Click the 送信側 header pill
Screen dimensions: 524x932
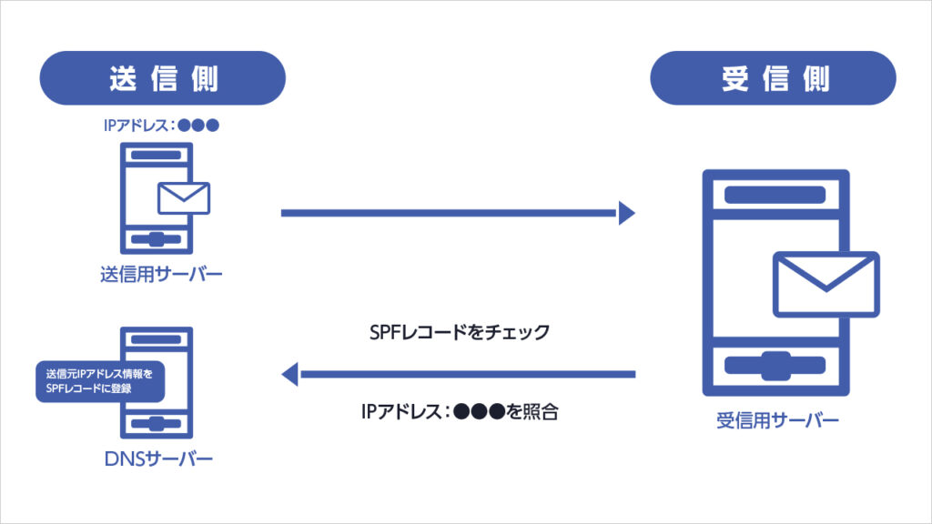[x=163, y=78]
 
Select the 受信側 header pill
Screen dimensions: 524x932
[x=773, y=78]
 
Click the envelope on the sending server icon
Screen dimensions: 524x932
[x=183, y=197]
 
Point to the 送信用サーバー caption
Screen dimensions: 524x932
[x=161, y=274]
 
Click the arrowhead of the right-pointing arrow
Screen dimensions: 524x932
[x=626, y=213]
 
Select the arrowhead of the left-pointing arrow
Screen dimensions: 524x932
[x=290, y=373]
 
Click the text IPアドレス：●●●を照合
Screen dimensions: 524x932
[x=459, y=411]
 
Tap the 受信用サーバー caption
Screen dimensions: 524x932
[x=776, y=420]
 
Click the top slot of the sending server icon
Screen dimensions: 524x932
[x=157, y=156]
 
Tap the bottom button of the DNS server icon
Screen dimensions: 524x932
[x=157, y=424]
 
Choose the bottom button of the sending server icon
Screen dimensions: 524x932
[x=157, y=239]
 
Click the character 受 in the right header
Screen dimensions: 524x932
[x=735, y=78]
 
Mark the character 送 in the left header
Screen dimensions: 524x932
[x=123, y=78]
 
